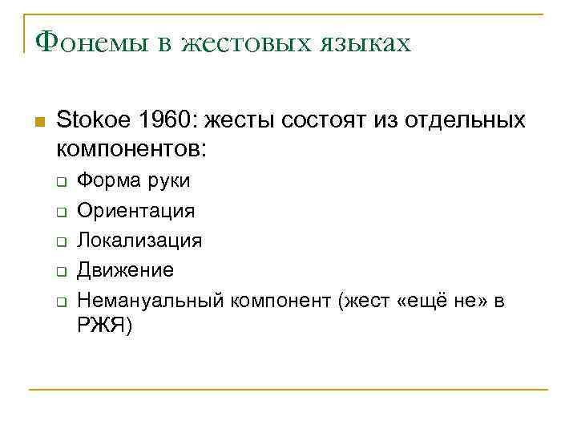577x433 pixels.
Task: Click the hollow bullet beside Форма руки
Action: [60, 181]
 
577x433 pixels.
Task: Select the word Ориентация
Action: [135, 210]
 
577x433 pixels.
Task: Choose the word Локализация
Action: [139, 241]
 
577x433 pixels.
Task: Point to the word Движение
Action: [125, 270]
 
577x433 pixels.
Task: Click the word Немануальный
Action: [151, 301]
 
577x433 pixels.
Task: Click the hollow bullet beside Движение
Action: [60, 272]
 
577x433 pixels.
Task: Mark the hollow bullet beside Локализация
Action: [60, 241]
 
